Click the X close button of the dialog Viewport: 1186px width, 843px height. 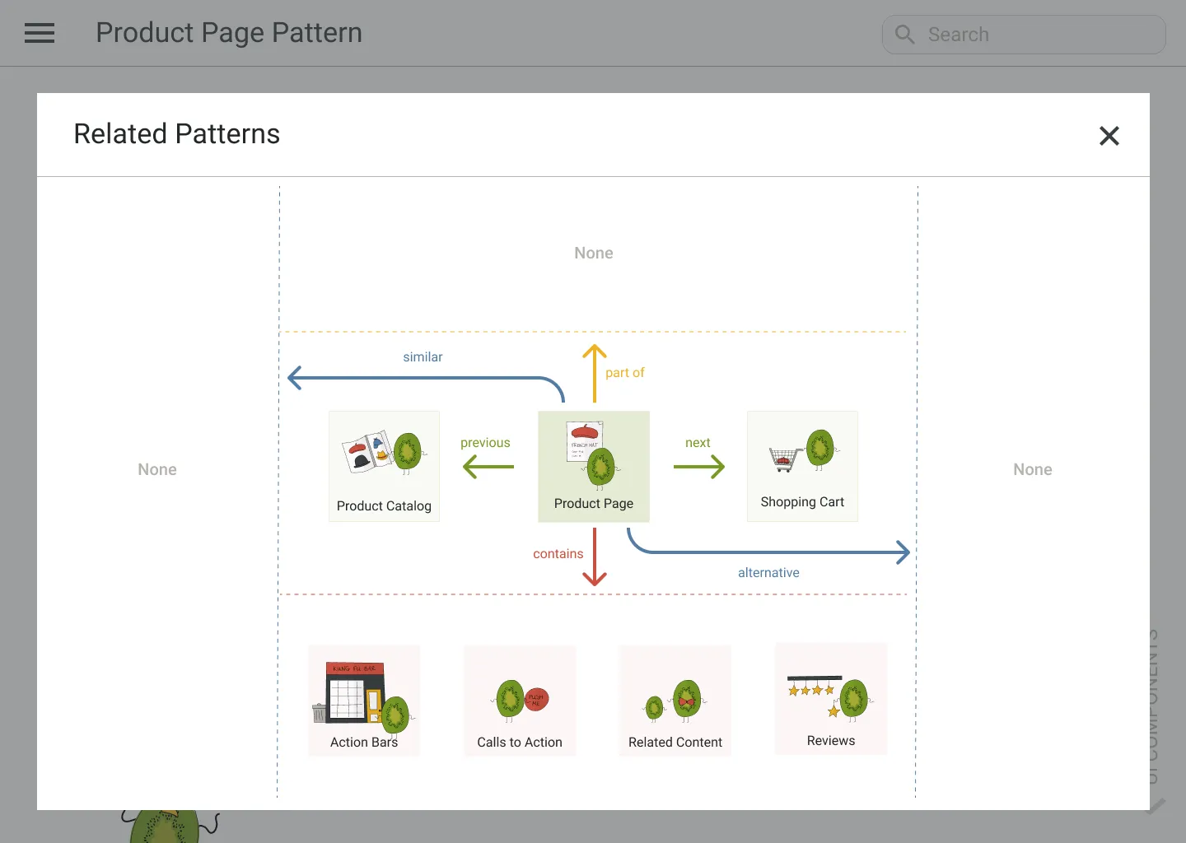coord(1109,136)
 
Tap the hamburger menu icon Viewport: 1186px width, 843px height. coord(40,33)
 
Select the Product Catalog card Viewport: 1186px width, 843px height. coord(384,466)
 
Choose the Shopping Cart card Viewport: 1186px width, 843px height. coord(802,466)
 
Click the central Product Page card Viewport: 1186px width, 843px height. coord(594,466)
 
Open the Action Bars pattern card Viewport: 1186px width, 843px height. coord(364,701)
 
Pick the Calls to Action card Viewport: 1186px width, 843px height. coord(520,701)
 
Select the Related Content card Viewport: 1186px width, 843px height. coord(675,701)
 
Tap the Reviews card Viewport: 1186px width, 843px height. coord(831,699)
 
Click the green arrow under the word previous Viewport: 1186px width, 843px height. coord(488,467)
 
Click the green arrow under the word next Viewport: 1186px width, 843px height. coord(698,467)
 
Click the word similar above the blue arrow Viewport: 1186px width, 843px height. coord(423,356)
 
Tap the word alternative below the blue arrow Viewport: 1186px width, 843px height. coord(768,572)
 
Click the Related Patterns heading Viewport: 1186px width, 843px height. coord(177,134)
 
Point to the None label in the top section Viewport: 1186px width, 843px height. coord(594,253)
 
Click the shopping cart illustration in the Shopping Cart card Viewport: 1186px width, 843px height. coord(786,458)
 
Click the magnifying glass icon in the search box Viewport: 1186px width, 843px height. coord(904,35)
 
